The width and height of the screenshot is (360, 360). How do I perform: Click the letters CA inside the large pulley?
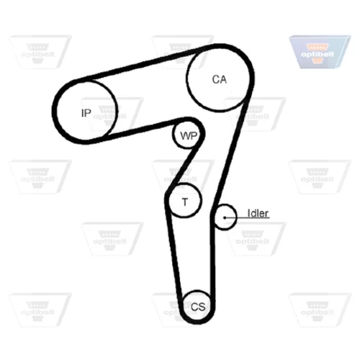click(220, 79)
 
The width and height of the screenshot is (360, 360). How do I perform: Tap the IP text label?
click(86, 113)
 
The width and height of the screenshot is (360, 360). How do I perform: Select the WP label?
click(189, 136)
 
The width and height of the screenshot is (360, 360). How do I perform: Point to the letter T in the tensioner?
click(185, 202)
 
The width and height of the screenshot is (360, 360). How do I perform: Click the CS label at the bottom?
click(198, 307)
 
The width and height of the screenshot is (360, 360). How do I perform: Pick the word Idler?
click(258, 213)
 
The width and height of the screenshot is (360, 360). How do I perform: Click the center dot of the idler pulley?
click(225, 217)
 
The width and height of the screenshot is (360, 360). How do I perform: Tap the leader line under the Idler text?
click(247, 218)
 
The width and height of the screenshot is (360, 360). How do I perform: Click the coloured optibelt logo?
click(320, 52)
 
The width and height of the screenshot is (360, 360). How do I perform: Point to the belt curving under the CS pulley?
click(196, 322)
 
